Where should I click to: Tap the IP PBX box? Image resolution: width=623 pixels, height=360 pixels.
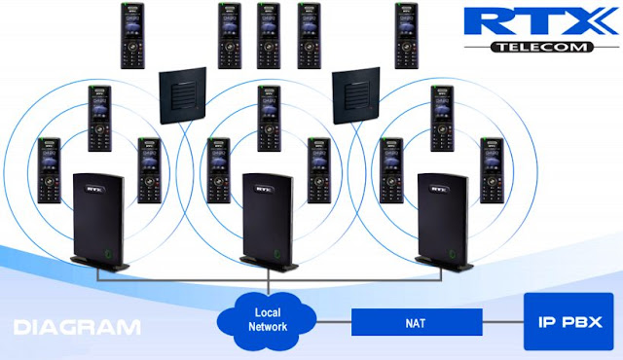(568, 320)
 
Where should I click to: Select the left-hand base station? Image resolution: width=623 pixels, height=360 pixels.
(100, 221)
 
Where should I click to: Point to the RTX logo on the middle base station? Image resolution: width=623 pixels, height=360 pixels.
(257, 180)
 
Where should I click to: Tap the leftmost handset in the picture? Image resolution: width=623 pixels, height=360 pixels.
(50, 170)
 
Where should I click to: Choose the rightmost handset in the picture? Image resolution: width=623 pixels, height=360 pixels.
(492, 170)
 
